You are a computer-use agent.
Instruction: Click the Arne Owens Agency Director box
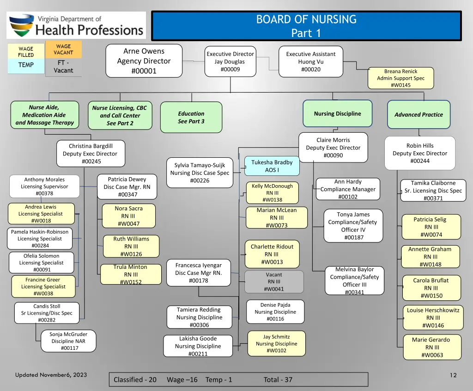click(144, 61)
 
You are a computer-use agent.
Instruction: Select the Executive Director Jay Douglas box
click(230, 62)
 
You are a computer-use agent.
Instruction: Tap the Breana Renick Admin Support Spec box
click(400, 78)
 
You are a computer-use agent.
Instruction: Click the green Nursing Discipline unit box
click(337, 114)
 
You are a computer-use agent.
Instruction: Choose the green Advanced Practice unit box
click(418, 114)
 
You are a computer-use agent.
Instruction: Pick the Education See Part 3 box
click(191, 117)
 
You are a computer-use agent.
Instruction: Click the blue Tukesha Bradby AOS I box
click(272, 166)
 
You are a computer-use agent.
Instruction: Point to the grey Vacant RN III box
click(274, 282)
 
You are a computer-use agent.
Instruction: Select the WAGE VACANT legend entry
click(63, 49)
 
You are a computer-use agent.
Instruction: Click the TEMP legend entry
click(26, 65)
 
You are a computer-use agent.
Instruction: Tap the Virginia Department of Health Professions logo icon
click(21, 25)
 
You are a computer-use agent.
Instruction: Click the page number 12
click(453, 375)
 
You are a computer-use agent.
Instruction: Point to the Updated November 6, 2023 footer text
click(51, 375)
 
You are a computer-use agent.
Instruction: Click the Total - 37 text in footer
click(278, 379)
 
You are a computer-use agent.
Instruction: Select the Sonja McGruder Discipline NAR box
click(68, 341)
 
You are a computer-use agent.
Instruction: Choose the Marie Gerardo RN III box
click(432, 347)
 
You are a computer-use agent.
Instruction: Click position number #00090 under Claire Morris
click(333, 155)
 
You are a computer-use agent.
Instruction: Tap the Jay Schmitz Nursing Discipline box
click(276, 343)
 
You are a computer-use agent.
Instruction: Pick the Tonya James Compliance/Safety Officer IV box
click(353, 226)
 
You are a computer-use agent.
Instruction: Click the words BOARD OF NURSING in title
click(306, 19)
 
